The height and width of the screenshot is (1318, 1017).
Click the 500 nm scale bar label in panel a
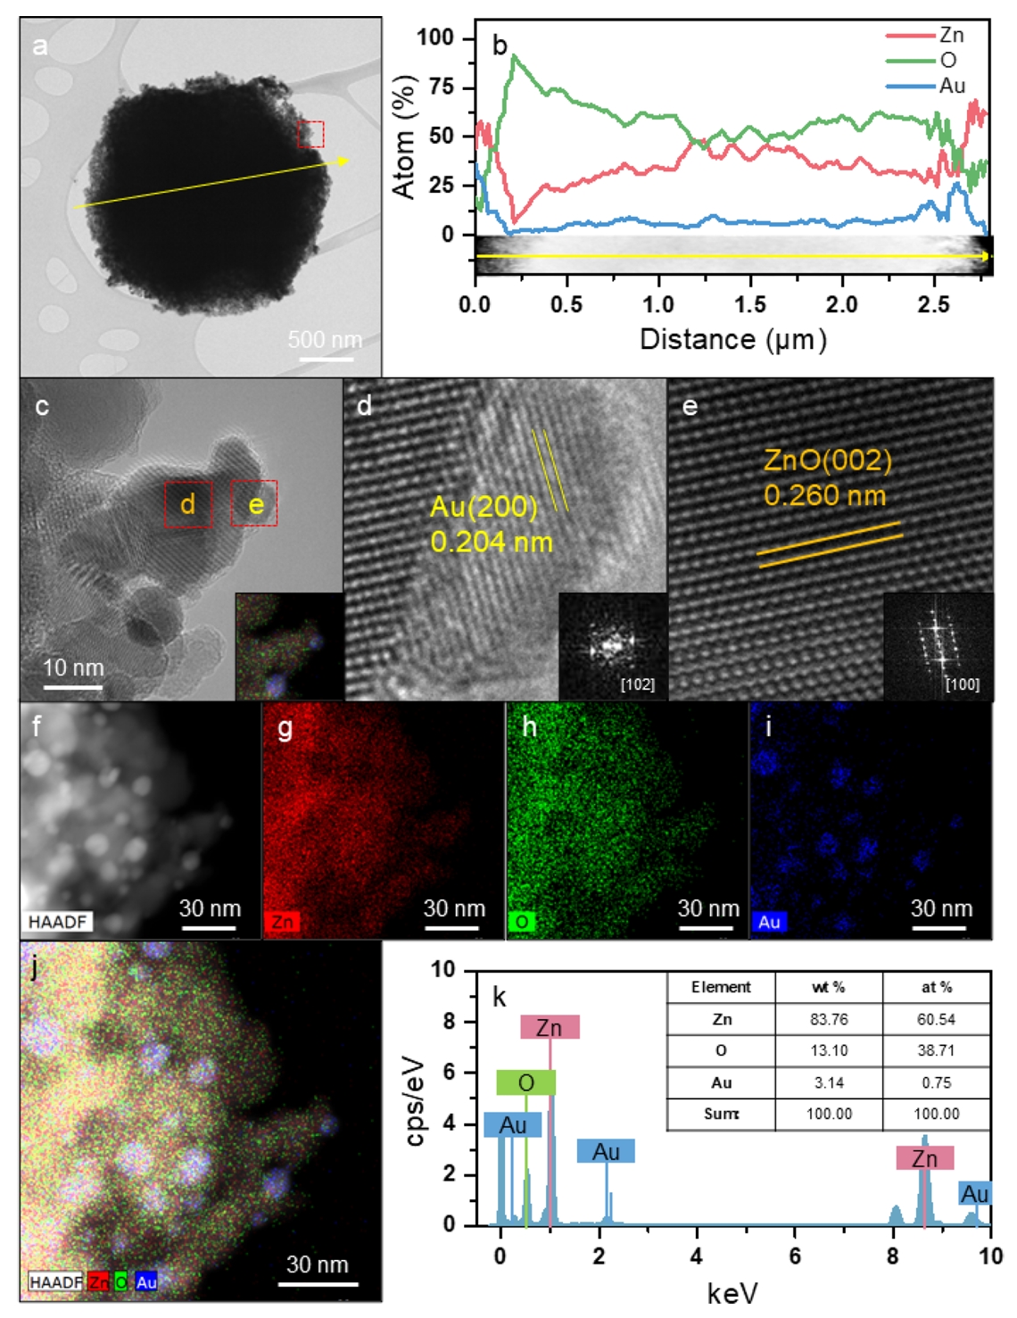click(325, 340)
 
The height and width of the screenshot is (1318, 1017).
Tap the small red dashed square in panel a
click(310, 135)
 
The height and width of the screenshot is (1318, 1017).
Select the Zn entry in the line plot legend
click(951, 35)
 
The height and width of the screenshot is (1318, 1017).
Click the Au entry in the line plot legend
click(951, 86)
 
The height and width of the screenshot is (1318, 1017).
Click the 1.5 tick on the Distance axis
click(750, 304)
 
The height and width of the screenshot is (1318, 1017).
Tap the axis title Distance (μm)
click(733, 339)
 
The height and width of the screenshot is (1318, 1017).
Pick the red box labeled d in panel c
click(188, 504)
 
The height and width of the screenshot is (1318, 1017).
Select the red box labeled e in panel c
click(254, 504)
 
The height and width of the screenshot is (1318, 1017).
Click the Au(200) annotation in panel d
click(484, 507)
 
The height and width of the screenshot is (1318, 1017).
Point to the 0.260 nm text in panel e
click(824, 495)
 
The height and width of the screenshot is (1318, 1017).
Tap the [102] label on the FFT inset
click(637, 684)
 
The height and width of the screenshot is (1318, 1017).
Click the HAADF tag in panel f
click(59, 922)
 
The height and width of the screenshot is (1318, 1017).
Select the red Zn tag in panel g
click(283, 922)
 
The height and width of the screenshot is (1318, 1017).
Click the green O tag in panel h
click(522, 922)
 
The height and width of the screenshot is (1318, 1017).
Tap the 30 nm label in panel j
click(317, 1264)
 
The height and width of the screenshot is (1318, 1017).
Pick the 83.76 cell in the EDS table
click(828, 1019)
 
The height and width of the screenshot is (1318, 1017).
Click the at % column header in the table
click(936, 987)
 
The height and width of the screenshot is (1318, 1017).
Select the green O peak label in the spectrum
click(525, 1082)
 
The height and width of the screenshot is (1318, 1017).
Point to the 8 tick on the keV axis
click(893, 1256)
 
